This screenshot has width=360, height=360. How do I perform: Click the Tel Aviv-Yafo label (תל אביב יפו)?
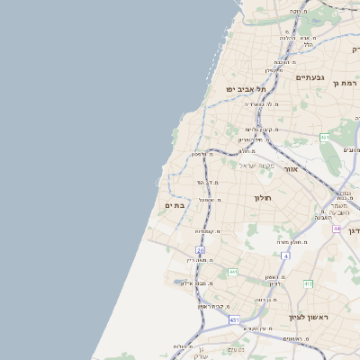tap(247, 89)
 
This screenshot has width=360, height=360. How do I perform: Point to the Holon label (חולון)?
tap(263, 197)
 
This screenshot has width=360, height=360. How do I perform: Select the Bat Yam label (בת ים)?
tap(175, 206)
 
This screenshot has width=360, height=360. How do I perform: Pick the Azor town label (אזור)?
tap(290, 168)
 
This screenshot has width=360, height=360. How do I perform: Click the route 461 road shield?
tap(325, 137)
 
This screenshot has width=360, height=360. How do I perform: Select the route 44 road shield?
tap(336, 229)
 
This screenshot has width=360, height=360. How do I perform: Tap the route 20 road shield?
tap(200, 249)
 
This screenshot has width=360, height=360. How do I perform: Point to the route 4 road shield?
tap(285, 256)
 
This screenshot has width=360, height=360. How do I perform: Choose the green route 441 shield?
tap(232, 272)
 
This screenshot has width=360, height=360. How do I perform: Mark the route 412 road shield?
tap(308, 284)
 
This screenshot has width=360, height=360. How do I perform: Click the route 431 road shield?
tap(235, 319)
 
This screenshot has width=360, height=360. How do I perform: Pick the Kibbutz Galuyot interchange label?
tap(255, 129)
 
